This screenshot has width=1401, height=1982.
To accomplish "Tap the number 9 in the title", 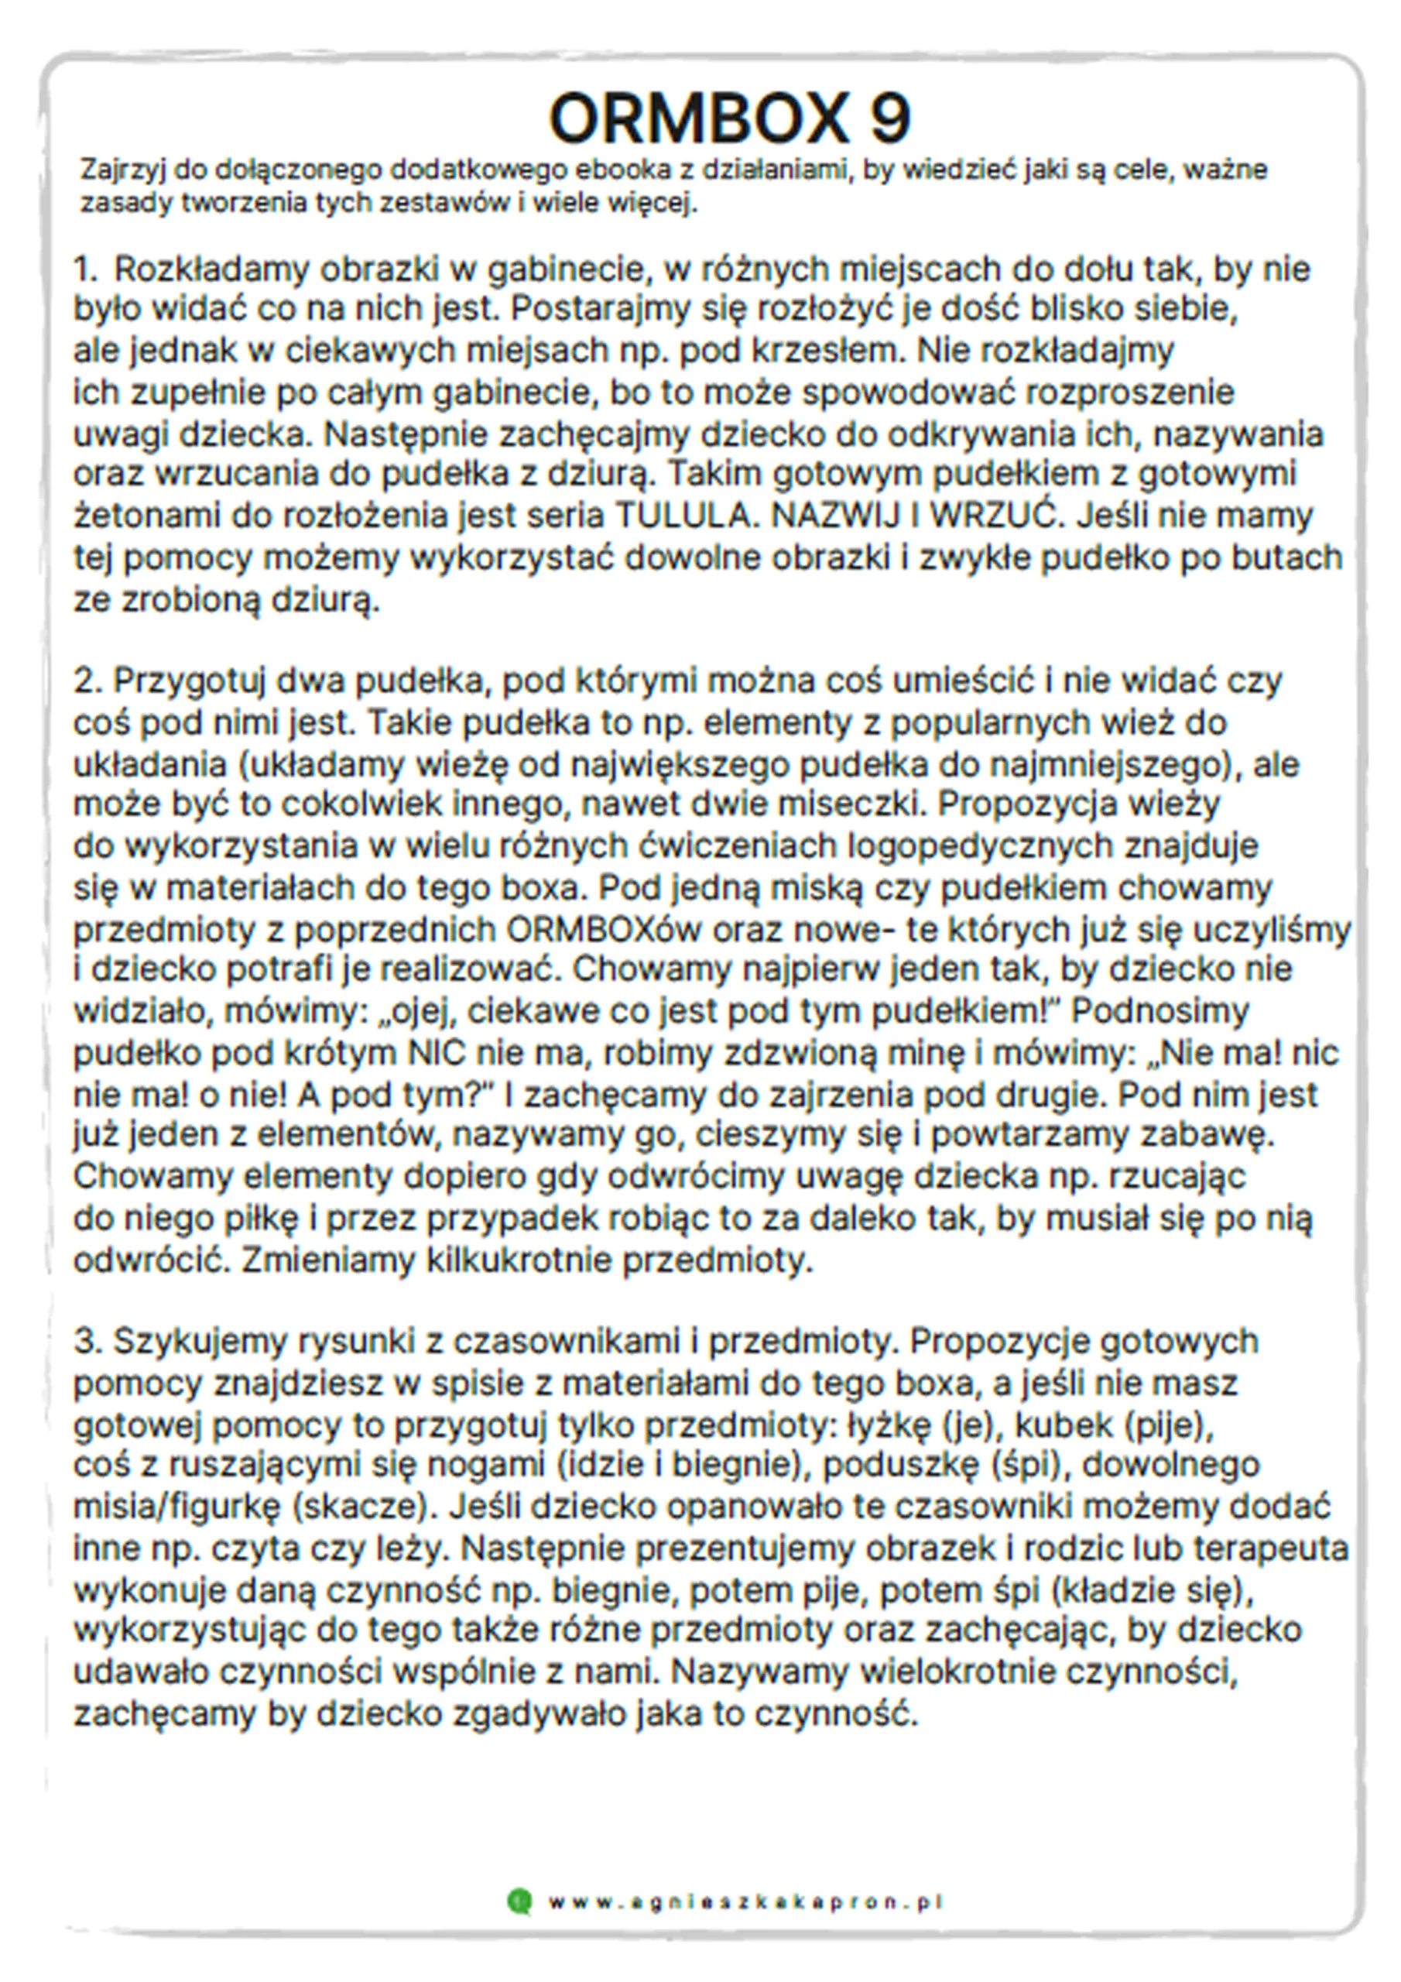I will pyautogui.click(x=889, y=118).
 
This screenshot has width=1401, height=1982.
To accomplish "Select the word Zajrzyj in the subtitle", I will pyautogui.click(x=122, y=170).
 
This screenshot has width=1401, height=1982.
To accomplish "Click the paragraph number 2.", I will pyautogui.click(x=87, y=681).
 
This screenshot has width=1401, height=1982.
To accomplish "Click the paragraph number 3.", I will pyautogui.click(x=87, y=1342).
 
